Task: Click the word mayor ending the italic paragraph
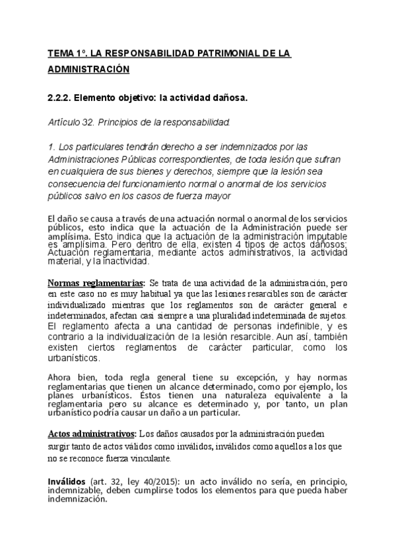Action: (x=213, y=196)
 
